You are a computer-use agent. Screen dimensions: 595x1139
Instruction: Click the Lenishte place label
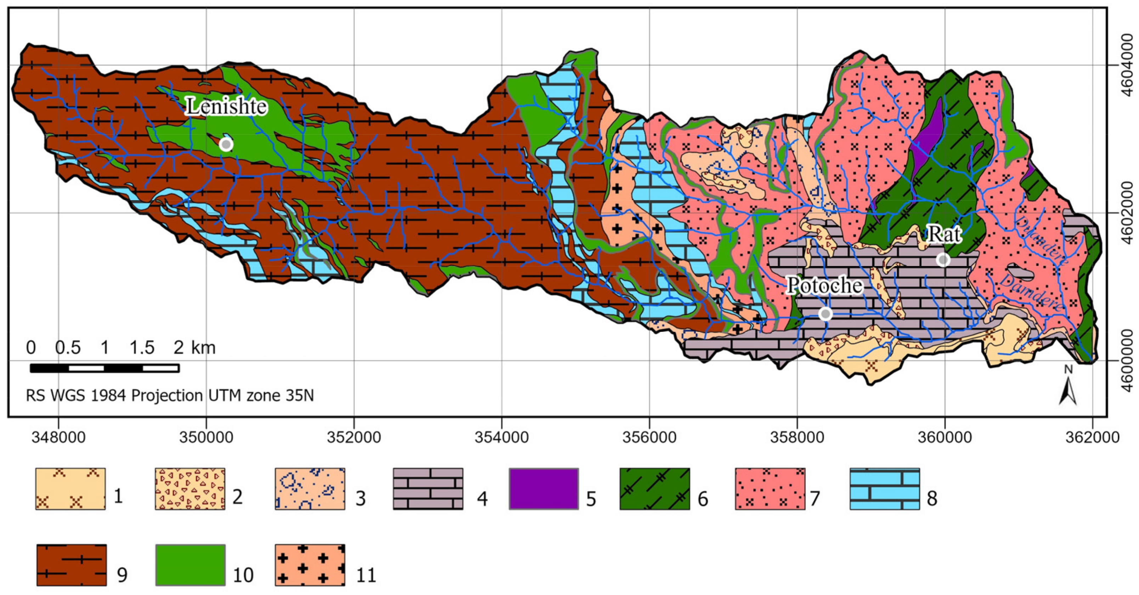226,106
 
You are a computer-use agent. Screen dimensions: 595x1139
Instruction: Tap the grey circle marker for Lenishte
226,144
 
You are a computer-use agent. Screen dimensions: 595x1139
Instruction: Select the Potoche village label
824,285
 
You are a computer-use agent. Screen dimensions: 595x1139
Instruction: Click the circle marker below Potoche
825,314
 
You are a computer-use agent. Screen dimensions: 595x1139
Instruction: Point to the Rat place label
943,234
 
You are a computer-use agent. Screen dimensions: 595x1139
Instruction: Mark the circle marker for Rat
943,260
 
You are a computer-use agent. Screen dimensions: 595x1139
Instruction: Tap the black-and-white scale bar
104,368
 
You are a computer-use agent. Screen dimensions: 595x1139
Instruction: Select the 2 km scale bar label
194,348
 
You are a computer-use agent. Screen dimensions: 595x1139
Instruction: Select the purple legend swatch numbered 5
543,489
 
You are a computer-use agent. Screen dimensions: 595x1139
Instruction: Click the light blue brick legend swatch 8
884,489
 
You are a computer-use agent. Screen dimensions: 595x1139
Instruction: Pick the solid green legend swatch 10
190,565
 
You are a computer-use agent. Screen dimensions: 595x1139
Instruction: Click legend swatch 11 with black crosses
310,565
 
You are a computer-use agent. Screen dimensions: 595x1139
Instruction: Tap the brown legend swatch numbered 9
71,565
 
